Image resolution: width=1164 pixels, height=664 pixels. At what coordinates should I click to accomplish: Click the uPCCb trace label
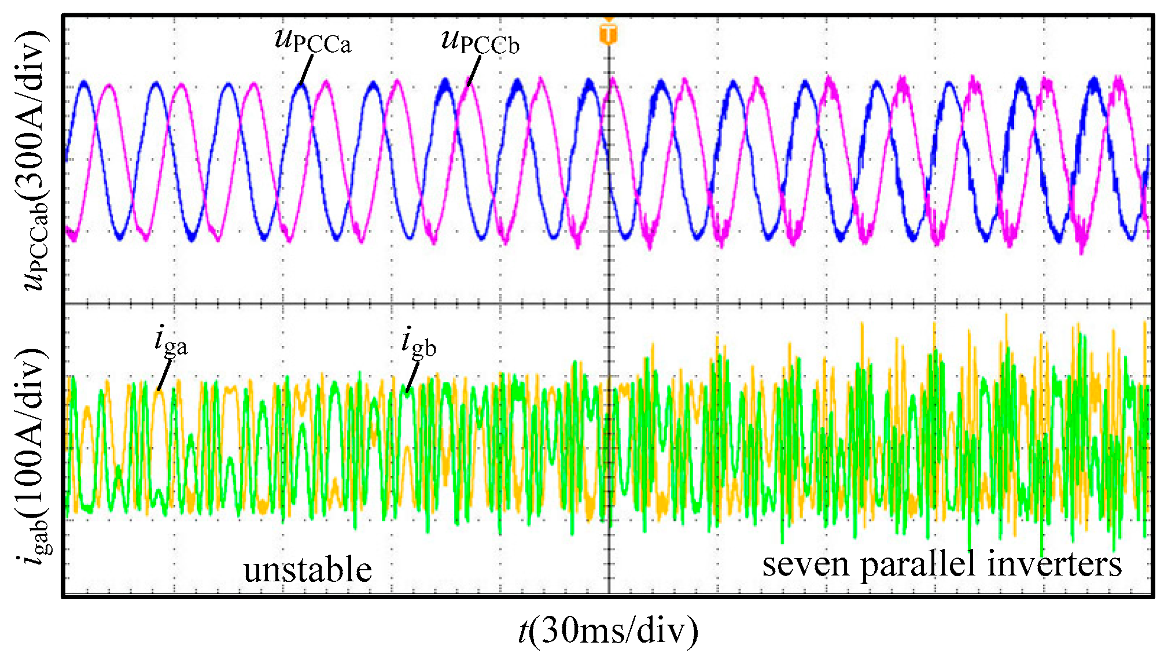480,42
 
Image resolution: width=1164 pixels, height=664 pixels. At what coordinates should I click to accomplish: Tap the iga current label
171,341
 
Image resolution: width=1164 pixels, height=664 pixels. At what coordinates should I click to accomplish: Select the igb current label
419,342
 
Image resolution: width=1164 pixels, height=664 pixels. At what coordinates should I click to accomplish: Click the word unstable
307,570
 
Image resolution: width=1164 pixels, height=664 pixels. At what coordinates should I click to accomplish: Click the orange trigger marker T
608,34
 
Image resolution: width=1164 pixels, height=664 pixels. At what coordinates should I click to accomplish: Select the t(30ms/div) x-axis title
608,630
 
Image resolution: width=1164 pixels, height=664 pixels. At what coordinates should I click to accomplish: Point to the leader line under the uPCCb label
474,71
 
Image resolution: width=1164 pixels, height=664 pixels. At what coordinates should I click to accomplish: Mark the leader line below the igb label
412,377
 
